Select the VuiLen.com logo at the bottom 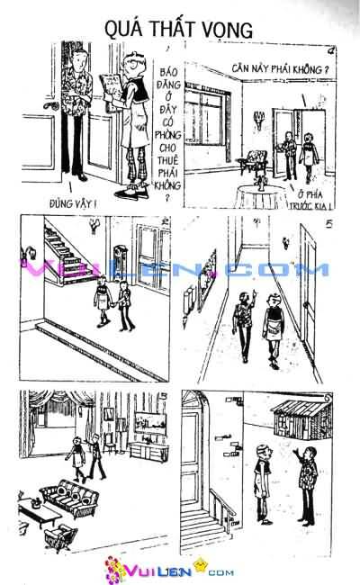pyautogui.click(x=180, y=570)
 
